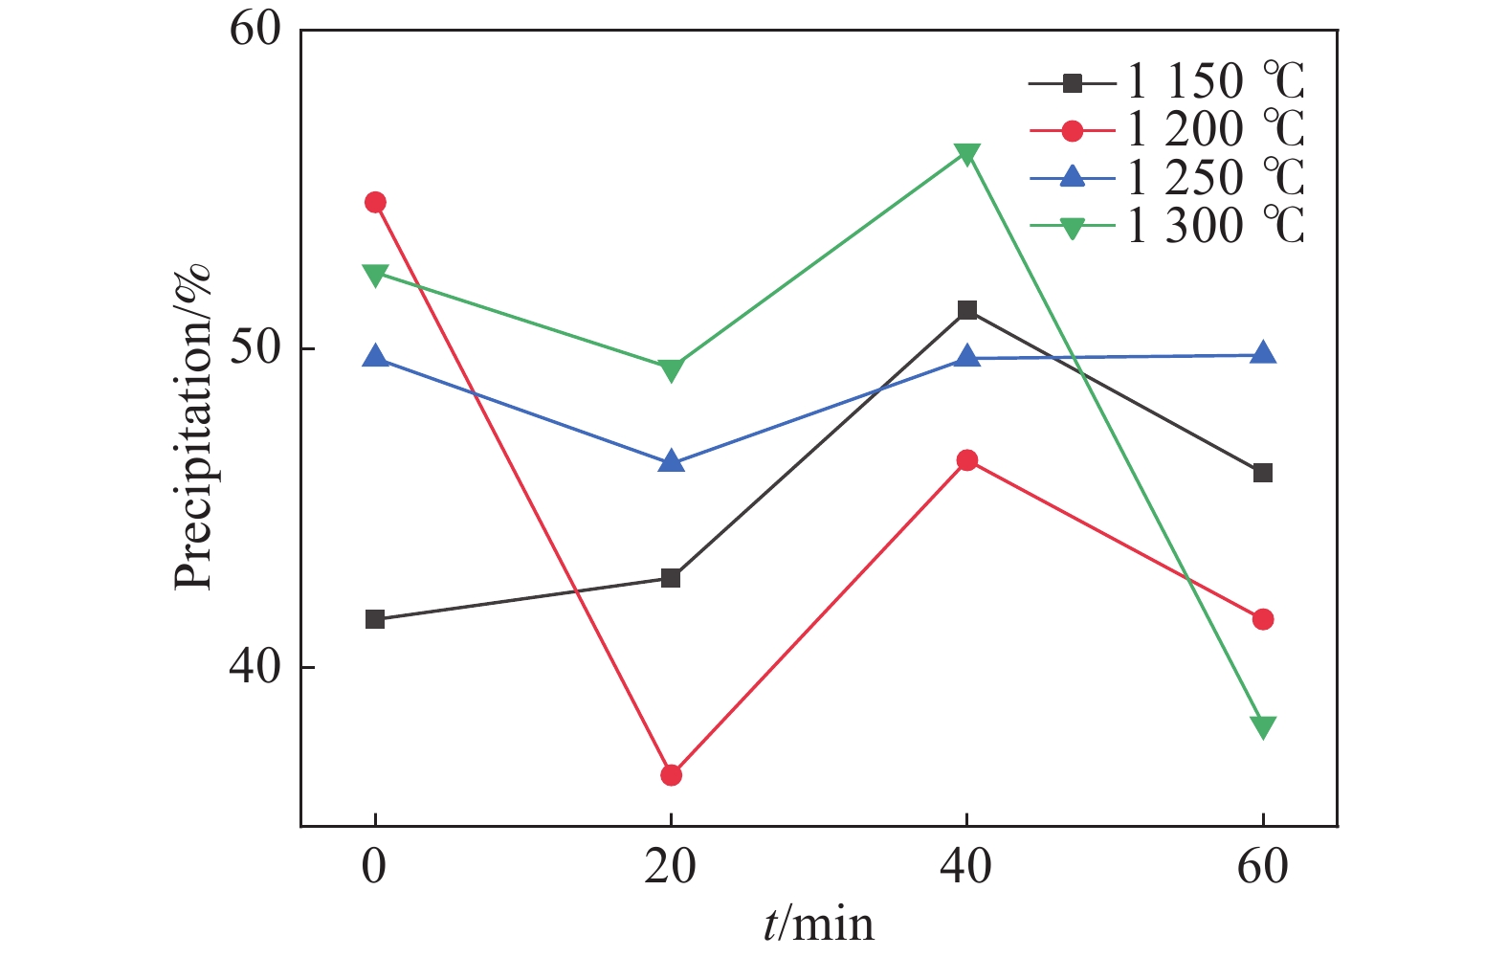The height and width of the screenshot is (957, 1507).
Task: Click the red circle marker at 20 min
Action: pyautogui.click(x=671, y=775)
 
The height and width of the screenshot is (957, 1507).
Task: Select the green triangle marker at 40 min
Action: pyautogui.click(x=966, y=154)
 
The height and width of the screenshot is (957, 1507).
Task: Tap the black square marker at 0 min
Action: pyautogui.click(x=375, y=619)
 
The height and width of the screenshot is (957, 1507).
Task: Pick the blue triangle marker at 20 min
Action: pyautogui.click(x=671, y=461)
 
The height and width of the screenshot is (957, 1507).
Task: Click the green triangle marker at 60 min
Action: pyautogui.click(x=1263, y=727)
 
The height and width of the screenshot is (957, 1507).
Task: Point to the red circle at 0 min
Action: pyautogui.click(x=375, y=202)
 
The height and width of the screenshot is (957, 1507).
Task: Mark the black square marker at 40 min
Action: pyautogui.click(x=966, y=310)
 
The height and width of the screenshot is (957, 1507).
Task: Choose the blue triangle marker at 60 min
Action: pyautogui.click(x=1263, y=352)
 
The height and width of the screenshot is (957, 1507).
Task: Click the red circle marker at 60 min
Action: pyautogui.click(x=1263, y=619)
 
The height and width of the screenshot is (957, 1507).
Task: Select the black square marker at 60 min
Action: pyautogui.click(x=1263, y=473)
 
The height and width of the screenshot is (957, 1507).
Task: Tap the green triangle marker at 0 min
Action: pyautogui.click(x=375, y=275)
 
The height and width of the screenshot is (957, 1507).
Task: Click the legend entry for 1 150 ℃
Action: pyautogui.click(x=1166, y=82)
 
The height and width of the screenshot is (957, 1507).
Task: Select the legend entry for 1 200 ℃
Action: pyautogui.click(x=1166, y=130)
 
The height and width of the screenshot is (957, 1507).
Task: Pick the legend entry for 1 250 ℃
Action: pyautogui.click(x=1166, y=178)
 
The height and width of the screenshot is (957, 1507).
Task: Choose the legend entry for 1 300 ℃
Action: pyautogui.click(x=1166, y=226)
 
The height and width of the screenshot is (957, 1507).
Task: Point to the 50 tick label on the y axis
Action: pyautogui.click(x=255, y=348)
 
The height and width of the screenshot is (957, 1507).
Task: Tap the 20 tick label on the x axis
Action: pyautogui.click(x=670, y=866)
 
